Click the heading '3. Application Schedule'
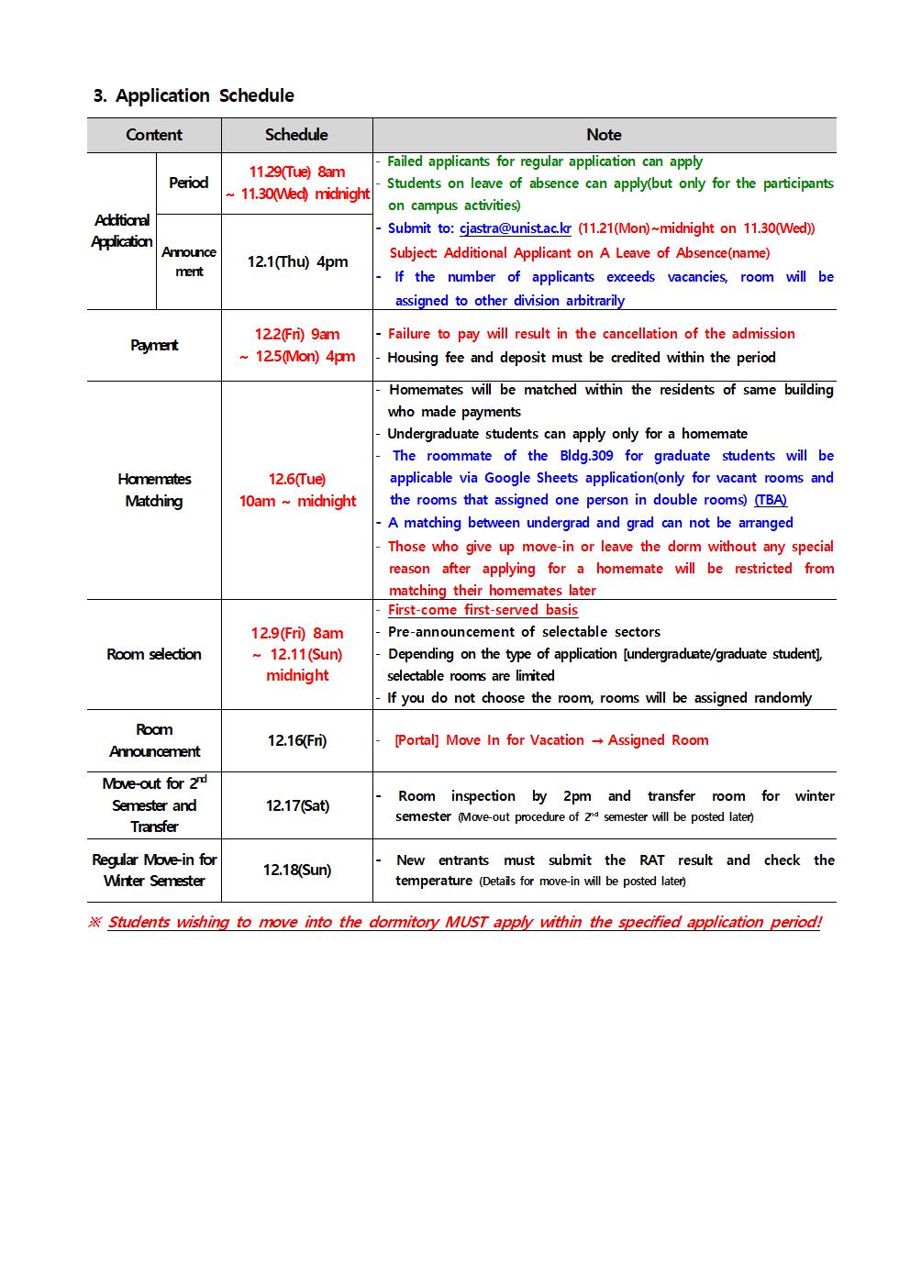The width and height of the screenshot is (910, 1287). (x=194, y=95)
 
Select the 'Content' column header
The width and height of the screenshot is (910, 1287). (x=154, y=135)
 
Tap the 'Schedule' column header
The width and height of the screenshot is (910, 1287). (x=296, y=135)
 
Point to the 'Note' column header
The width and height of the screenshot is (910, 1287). (x=604, y=135)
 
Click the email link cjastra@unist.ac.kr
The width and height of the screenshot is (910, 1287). (x=515, y=228)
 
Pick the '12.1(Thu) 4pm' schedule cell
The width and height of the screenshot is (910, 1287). (x=297, y=261)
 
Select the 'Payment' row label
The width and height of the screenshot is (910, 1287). (x=154, y=345)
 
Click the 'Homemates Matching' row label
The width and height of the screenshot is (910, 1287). (x=154, y=490)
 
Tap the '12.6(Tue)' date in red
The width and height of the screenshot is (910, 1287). (x=297, y=479)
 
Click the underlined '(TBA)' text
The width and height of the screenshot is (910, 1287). (x=771, y=500)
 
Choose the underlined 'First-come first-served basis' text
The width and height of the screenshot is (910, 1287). (x=483, y=610)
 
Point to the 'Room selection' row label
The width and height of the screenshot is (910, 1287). (x=154, y=654)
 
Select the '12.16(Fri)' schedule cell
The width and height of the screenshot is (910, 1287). (x=297, y=740)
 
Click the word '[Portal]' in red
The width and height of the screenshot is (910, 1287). (x=416, y=740)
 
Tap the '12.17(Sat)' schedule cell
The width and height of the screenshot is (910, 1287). (x=297, y=805)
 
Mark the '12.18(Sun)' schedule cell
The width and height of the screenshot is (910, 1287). (x=297, y=870)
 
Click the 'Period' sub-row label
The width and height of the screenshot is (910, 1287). (x=188, y=183)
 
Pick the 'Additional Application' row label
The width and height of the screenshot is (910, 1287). (x=122, y=230)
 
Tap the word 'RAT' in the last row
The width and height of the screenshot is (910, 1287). (x=652, y=860)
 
